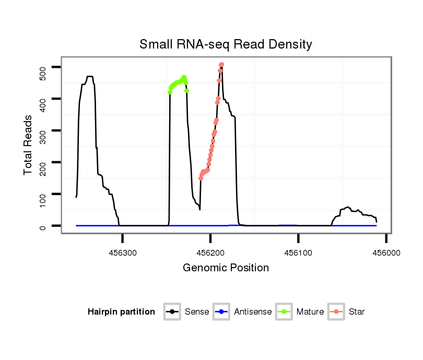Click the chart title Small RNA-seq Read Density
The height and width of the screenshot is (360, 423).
[226, 44]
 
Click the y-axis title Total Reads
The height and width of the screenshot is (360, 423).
[29, 145]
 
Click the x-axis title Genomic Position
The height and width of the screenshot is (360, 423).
[226, 268]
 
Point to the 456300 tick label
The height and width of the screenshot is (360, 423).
[123, 252]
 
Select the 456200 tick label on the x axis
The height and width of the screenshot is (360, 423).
[210, 252]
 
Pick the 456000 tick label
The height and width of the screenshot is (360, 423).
[386, 252]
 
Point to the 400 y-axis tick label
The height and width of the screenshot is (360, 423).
[43, 99]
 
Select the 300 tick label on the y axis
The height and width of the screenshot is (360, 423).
[43, 131]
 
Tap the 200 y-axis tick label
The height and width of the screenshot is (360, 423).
[43, 163]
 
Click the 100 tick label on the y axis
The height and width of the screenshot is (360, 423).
[43, 195]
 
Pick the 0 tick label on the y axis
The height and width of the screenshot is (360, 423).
[43, 226]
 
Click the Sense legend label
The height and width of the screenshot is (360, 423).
[197, 312]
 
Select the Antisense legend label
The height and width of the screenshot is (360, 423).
[253, 312]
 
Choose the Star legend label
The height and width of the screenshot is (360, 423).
[357, 312]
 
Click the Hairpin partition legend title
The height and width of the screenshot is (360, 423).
[121, 312]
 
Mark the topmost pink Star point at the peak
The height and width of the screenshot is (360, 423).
[221, 65]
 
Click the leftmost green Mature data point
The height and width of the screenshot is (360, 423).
[170, 92]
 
